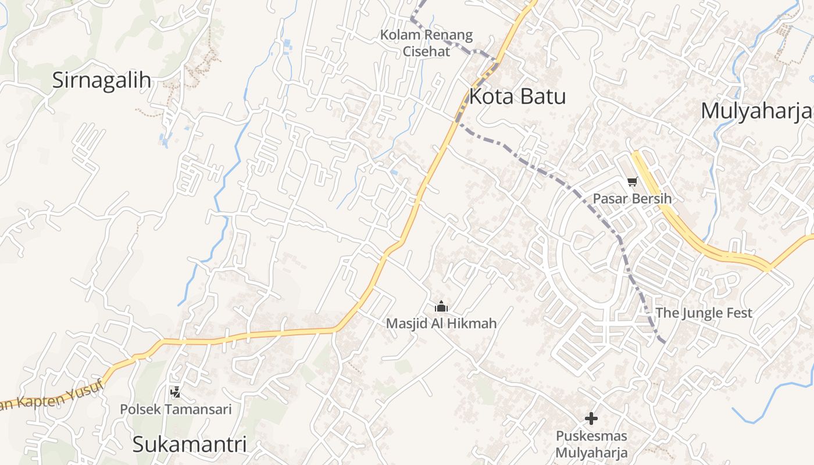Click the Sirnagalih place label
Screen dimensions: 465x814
coord(102,80)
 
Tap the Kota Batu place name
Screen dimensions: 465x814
coord(517,96)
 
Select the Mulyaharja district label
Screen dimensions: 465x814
coord(756,110)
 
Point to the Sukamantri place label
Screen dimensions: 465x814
coord(190,445)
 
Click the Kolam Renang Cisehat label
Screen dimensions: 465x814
coord(426,43)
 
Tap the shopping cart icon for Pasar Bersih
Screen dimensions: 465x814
coord(633,181)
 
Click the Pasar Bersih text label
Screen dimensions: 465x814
coord(632,199)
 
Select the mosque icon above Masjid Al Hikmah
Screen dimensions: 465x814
coord(441,306)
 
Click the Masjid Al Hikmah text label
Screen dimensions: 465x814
coord(441,323)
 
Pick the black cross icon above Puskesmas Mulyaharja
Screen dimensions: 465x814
coord(591,418)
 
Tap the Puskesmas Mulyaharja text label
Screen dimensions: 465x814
coord(591,444)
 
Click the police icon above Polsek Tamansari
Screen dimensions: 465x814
coord(175,392)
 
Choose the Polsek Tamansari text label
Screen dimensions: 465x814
coord(176,409)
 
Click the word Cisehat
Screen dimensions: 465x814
coord(426,51)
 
